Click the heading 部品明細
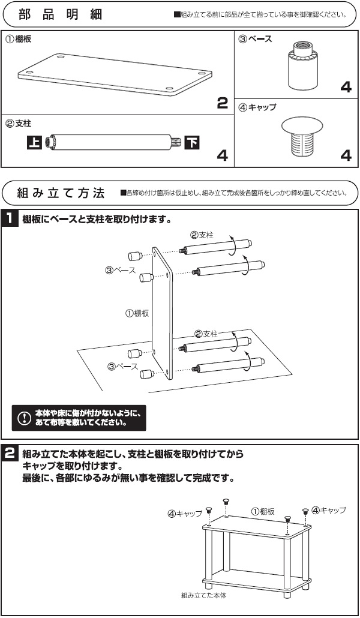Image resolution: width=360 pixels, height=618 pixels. (60, 14)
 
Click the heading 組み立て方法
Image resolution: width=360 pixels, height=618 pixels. (62, 193)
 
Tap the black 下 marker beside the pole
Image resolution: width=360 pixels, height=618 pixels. (192, 143)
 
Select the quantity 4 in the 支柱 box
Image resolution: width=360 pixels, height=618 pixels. (222, 157)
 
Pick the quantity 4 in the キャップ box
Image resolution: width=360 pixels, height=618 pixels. (346, 157)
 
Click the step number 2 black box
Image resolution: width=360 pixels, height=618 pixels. (11, 453)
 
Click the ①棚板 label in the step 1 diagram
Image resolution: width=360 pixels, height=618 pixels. (136, 313)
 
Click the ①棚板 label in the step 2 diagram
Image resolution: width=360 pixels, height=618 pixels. (262, 511)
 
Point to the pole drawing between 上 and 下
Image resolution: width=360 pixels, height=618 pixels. (114, 143)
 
